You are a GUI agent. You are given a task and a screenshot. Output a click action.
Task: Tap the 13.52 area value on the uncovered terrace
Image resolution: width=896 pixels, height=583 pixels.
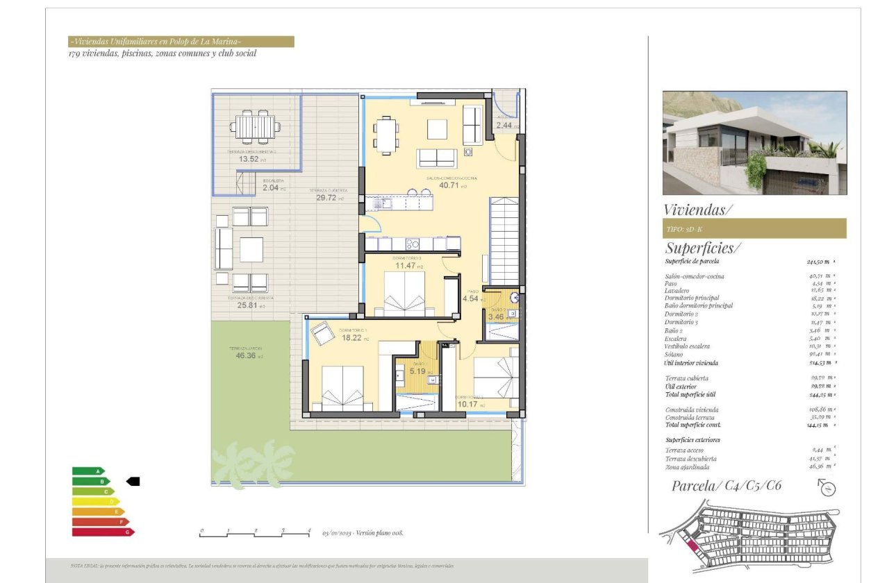click(248, 159)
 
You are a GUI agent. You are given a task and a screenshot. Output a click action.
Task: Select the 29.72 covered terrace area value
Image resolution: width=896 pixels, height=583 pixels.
click(326, 198)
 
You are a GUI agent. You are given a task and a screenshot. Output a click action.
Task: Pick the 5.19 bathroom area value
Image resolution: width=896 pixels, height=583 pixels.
click(417, 371)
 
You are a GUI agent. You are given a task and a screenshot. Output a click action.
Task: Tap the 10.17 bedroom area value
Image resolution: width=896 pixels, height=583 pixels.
click(470, 405)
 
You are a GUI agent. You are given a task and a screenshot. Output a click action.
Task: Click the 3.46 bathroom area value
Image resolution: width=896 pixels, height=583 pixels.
click(496, 317)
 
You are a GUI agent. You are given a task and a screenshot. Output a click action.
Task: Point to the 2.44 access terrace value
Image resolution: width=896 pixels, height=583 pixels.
click(504, 126)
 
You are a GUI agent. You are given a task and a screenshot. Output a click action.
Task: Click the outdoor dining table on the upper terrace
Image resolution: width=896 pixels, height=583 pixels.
click(256, 127)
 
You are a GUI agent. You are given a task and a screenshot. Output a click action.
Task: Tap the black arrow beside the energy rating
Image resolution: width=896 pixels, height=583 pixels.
click(133, 481)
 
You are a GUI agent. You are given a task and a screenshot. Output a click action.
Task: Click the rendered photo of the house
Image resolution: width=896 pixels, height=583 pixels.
click(754, 142)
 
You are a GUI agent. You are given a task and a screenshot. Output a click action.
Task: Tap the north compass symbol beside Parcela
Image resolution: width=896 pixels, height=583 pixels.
click(827, 488)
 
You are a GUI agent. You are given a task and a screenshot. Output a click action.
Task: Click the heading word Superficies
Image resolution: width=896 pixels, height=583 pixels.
click(702, 248)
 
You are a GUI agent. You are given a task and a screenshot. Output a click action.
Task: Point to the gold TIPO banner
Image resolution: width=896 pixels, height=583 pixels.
click(754, 228)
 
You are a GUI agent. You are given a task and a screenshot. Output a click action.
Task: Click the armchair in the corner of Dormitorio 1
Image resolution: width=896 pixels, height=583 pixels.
click(322, 334)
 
